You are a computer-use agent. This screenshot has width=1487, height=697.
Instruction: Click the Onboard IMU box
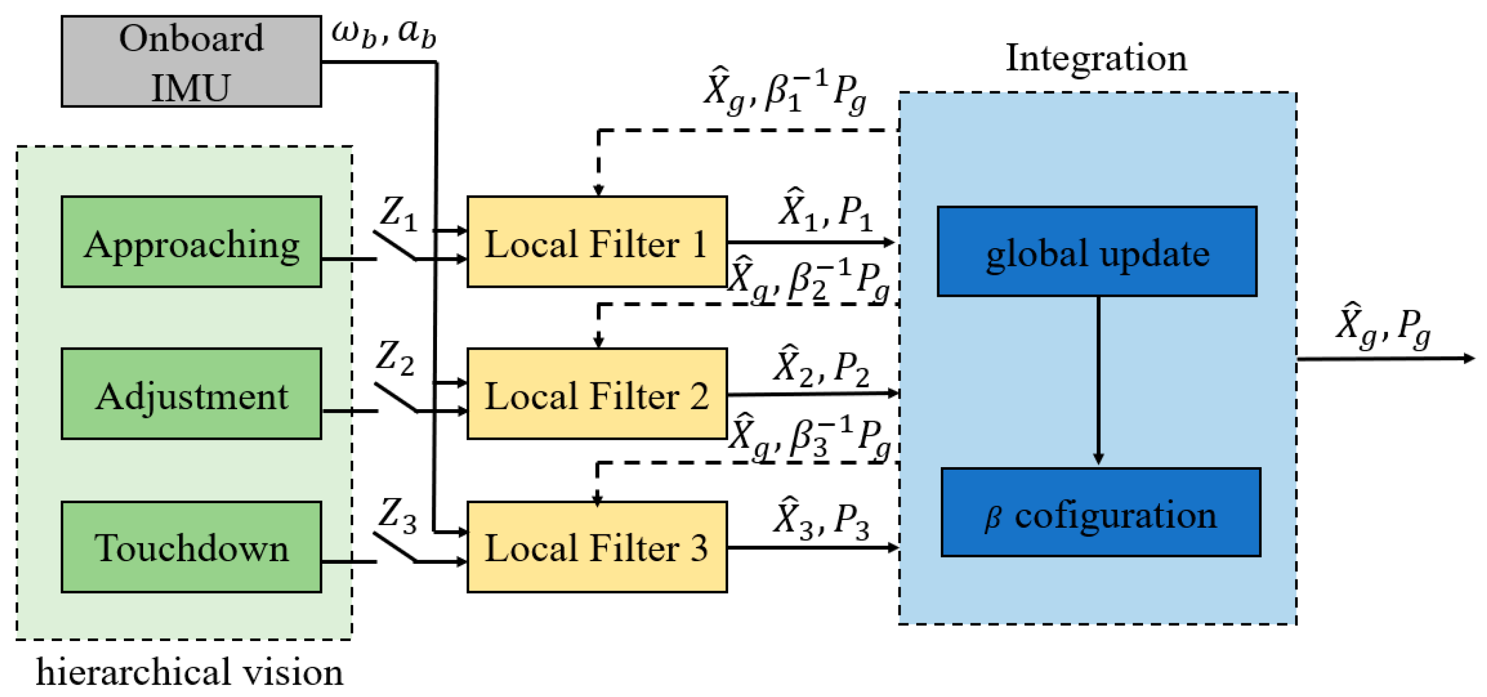tap(191, 61)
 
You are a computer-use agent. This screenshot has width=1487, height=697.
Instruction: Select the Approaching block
tap(191, 242)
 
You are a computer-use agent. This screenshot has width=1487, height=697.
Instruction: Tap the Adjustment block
tap(191, 394)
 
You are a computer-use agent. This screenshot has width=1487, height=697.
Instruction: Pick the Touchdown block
tap(191, 547)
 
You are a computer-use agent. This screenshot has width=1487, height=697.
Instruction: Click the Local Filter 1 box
tap(596, 242)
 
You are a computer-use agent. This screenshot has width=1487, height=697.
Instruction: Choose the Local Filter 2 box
tap(596, 394)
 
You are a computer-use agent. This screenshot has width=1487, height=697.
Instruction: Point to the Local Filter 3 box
tap(596, 547)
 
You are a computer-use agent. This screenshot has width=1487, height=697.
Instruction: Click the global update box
tap(1096, 251)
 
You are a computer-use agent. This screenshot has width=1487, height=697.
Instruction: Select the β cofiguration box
tap(1100, 513)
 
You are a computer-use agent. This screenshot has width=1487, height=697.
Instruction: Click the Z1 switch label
tap(398, 214)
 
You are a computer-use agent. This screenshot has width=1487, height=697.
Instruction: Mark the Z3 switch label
tap(397, 515)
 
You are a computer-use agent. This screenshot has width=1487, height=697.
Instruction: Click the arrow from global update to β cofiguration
tap(1098, 381)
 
